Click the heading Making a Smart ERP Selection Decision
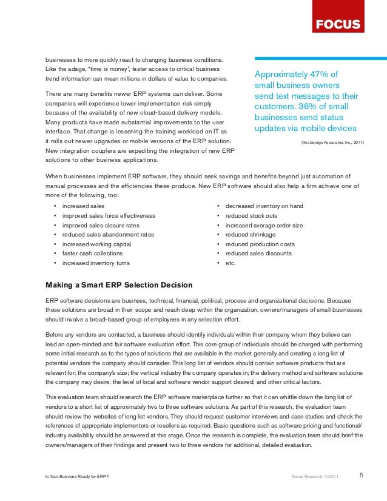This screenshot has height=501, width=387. coord(119,285)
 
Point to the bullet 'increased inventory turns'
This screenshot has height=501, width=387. coord(96,263)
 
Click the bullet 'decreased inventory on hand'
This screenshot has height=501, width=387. coord(264,206)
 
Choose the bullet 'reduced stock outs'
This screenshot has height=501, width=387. coord(251,216)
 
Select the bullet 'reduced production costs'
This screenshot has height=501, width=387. coord(259,244)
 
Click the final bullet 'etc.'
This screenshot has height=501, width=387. coord(231,263)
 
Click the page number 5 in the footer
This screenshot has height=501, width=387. coord(362,475)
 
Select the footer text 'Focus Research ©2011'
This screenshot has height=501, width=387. coord(315,476)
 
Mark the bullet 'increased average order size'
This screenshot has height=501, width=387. coord(264,225)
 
